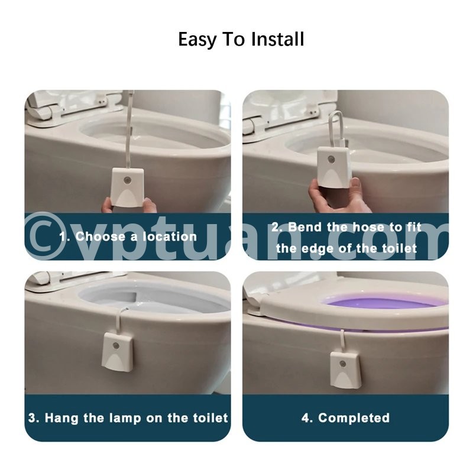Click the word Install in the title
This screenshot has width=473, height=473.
277,39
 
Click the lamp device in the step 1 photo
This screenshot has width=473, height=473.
128,187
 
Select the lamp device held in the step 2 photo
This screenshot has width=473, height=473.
333,167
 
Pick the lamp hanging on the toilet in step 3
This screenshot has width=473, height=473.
118,351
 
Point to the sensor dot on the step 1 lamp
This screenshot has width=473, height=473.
127,180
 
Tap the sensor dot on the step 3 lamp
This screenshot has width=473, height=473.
115,345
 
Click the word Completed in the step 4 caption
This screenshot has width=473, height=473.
354,418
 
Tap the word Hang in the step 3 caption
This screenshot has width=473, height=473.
61,418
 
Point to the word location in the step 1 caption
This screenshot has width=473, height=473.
170,237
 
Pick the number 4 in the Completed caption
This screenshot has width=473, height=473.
306,418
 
